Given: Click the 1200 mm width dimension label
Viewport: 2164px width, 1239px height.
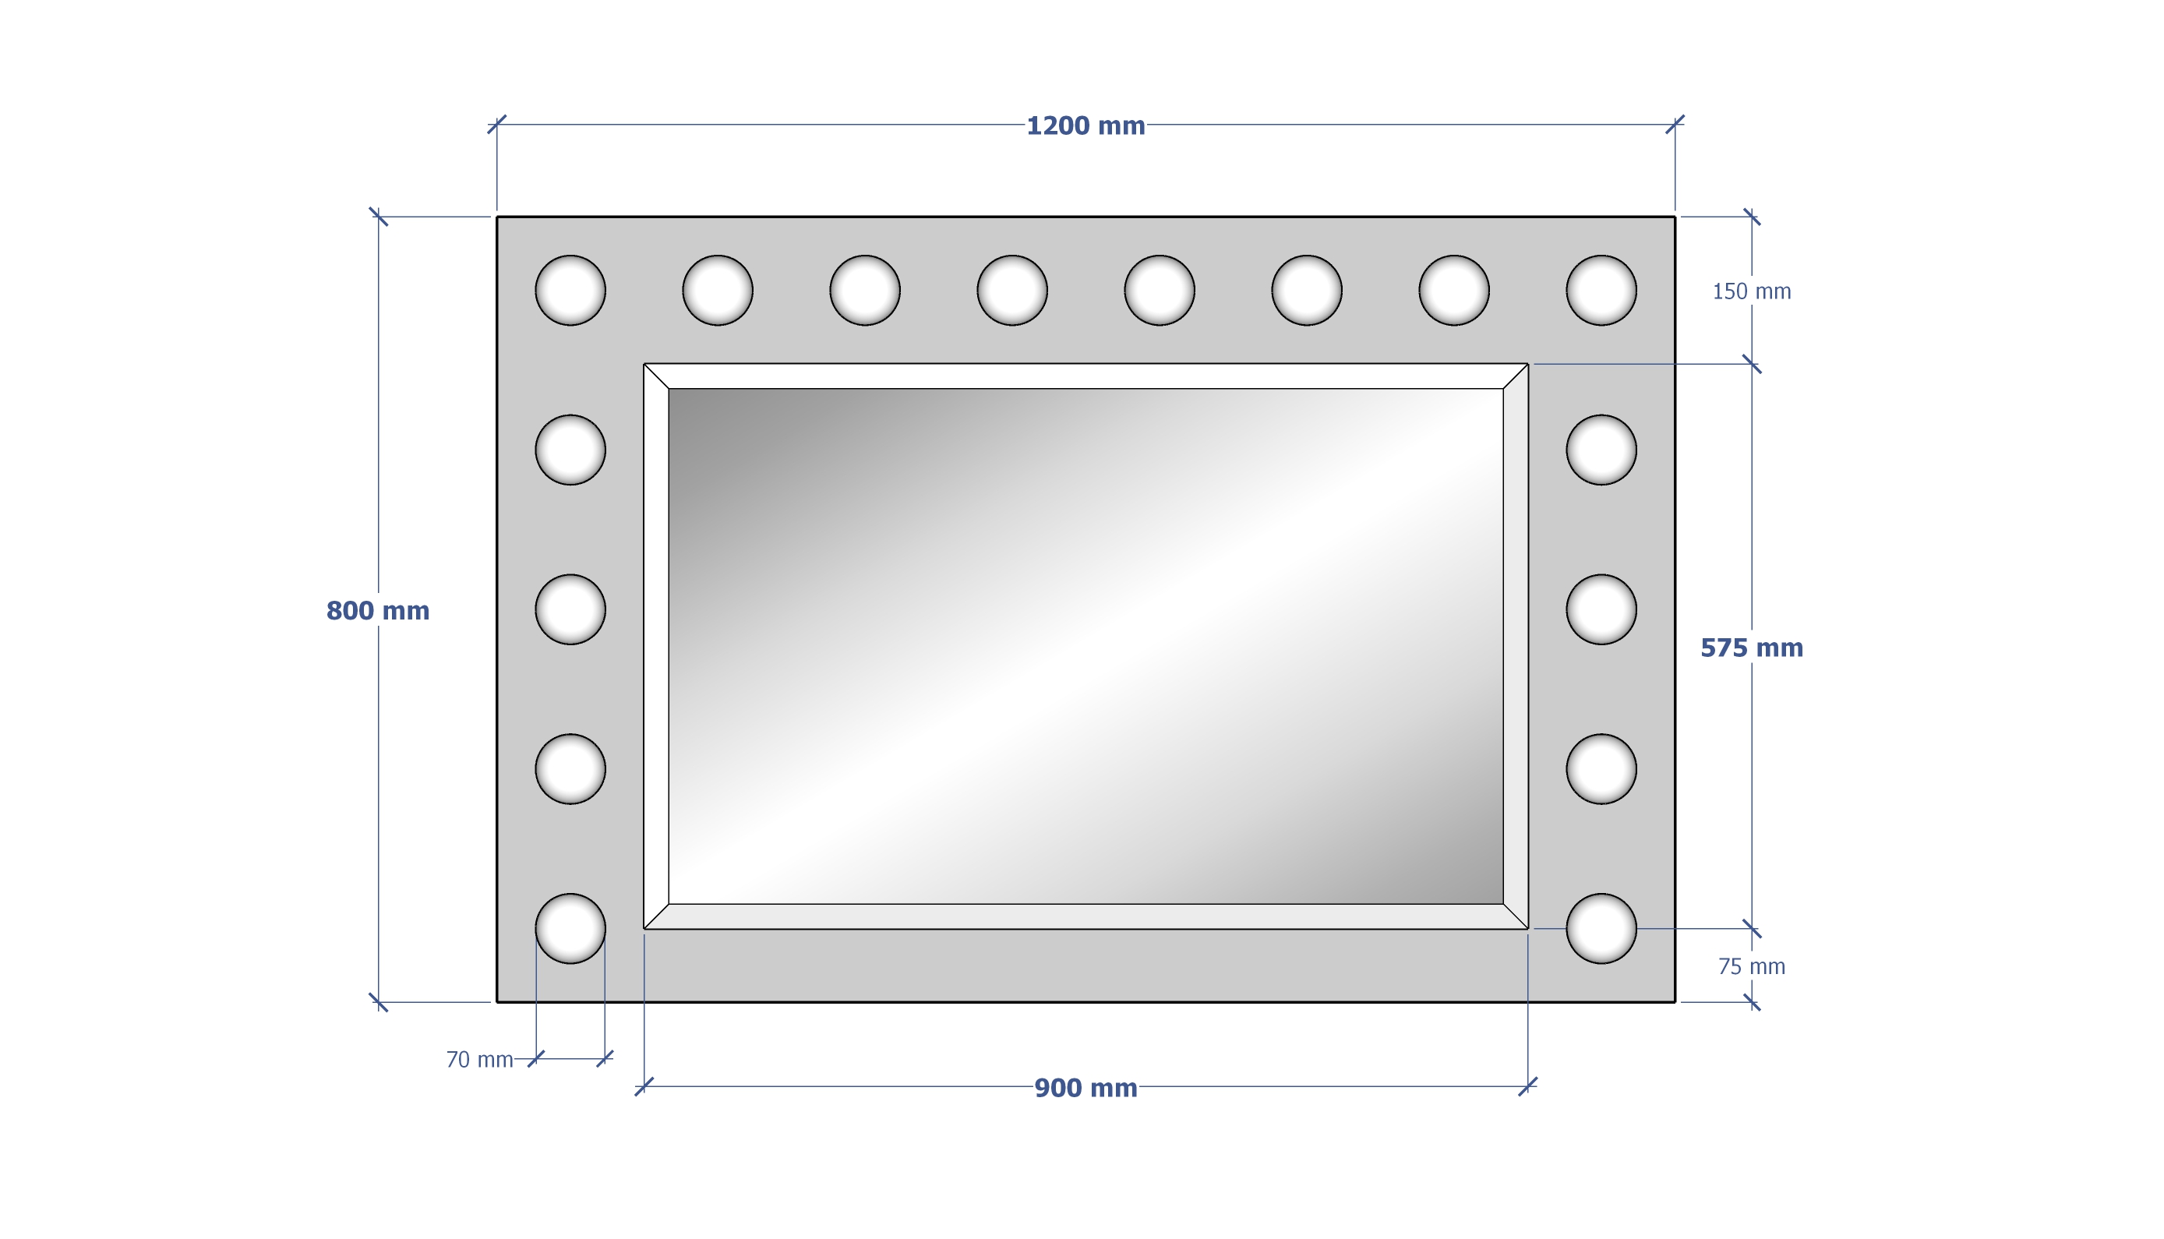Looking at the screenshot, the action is tap(1085, 126).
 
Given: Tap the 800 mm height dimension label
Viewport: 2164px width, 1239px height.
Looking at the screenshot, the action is tap(378, 611).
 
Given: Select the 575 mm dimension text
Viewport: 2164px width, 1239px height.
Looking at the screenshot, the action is tap(1751, 648).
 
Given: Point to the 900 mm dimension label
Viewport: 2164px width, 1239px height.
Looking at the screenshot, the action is tap(1085, 1089).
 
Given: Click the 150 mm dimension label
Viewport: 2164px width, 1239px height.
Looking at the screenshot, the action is tap(1751, 292).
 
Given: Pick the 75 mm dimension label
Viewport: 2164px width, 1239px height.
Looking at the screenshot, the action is tap(1751, 967).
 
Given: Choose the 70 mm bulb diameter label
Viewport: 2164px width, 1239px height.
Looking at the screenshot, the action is tap(480, 1061).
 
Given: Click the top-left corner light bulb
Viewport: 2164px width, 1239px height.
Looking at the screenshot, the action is tap(570, 290).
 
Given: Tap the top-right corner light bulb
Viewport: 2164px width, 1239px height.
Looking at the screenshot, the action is tap(1601, 290).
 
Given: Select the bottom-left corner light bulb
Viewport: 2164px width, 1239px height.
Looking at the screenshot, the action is tap(570, 928).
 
